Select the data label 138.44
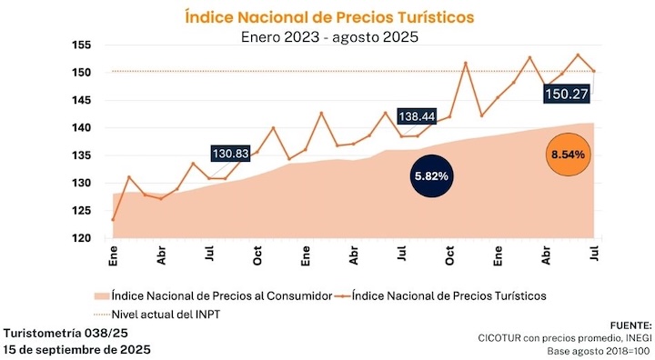click(417, 116)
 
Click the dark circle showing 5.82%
click(431, 175)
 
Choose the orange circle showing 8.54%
click(567, 155)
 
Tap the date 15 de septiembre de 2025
click(76, 349)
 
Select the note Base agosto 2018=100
click(600, 351)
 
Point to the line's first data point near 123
click(113, 220)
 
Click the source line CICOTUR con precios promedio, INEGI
click(566, 337)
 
